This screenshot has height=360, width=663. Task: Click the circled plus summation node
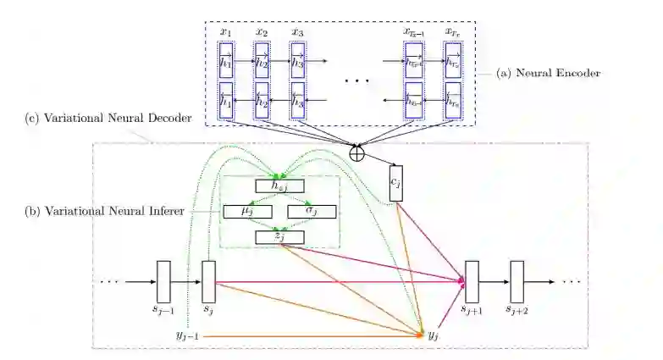[x=358, y=153]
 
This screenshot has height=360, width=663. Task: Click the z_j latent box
[x=279, y=236]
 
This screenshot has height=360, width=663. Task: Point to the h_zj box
[x=279, y=186]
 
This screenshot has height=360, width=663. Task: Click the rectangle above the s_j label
[x=208, y=282]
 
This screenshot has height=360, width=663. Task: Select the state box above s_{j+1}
[x=472, y=282]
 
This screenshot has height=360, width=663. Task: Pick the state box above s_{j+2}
[x=517, y=282]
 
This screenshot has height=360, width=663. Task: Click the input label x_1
[x=225, y=33]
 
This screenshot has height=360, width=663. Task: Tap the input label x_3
[x=297, y=33]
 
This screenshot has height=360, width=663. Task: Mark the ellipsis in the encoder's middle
[x=356, y=80]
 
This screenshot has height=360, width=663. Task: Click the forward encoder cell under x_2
[x=262, y=61]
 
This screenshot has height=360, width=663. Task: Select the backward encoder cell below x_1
[x=225, y=99]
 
